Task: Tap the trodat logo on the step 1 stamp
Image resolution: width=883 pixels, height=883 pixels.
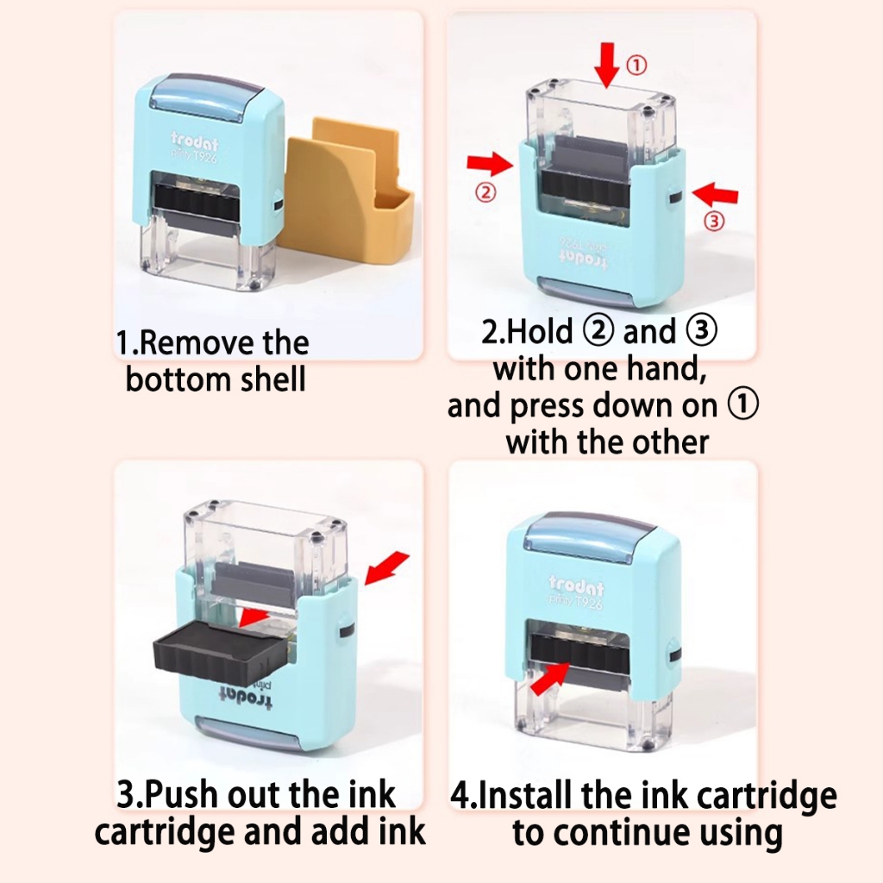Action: tap(194, 141)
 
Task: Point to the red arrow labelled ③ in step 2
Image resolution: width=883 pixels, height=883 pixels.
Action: tap(715, 194)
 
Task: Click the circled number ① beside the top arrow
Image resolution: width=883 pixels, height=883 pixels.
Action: tap(637, 66)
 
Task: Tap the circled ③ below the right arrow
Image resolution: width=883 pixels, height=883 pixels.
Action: tap(715, 221)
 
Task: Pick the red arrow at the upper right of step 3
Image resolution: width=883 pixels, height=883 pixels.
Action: tap(387, 568)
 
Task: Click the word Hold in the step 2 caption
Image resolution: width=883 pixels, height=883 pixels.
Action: tap(540, 331)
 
